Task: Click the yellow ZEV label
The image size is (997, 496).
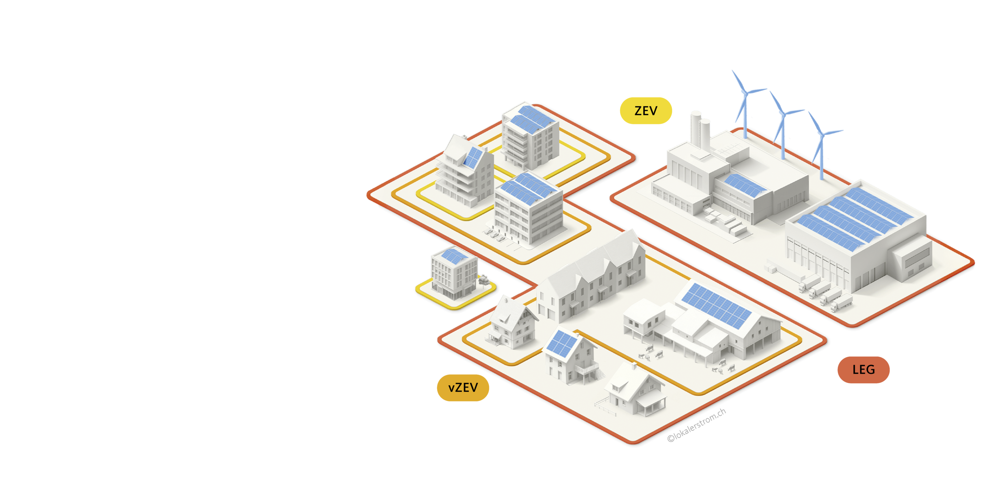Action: (646, 111)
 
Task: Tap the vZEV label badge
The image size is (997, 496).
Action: (463, 387)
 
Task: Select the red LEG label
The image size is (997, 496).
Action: (863, 370)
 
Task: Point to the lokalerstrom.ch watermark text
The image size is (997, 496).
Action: (696, 425)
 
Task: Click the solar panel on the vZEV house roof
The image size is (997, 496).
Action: (561, 344)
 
